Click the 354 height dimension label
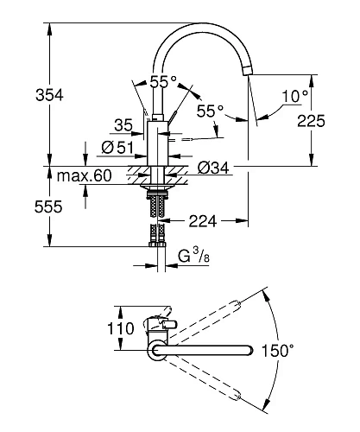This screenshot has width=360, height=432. click(49, 95)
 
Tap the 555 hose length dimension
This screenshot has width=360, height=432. click(48, 206)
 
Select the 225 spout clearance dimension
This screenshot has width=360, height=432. click(311, 121)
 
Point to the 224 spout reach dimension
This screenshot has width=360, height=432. click(203, 221)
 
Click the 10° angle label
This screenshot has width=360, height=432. click(295, 96)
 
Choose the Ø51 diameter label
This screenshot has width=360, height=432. click(117, 148)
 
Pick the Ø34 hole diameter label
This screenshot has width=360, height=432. click(213, 168)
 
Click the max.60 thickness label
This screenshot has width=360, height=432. click(84, 175)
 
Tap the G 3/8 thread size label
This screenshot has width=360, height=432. click(193, 256)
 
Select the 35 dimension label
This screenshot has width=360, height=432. click(123, 125)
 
